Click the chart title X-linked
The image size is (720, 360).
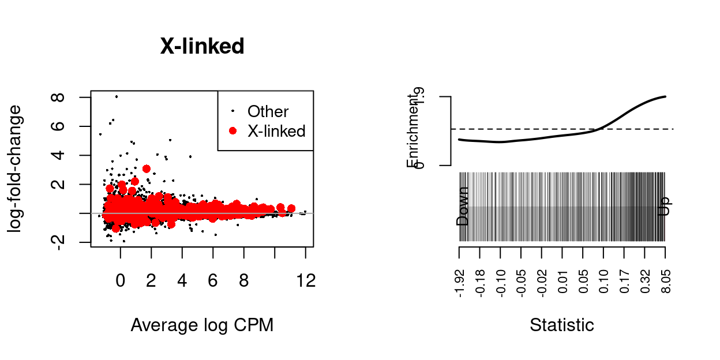click(202, 47)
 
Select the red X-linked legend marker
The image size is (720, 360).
click(232, 131)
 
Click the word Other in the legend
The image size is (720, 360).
click(268, 111)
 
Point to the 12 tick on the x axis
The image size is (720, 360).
click(306, 281)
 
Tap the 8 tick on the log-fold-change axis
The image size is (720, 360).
click(57, 97)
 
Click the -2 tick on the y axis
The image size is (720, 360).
click(57, 242)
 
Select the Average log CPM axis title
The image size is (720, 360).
click(202, 325)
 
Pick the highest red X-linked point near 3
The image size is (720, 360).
click(147, 168)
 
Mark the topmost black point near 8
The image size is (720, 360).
click(117, 97)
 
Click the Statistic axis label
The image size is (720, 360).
click(562, 325)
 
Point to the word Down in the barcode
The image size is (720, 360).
click(463, 206)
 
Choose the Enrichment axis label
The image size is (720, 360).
click(414, 131)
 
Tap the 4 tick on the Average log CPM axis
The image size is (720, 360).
click(182, 281)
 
